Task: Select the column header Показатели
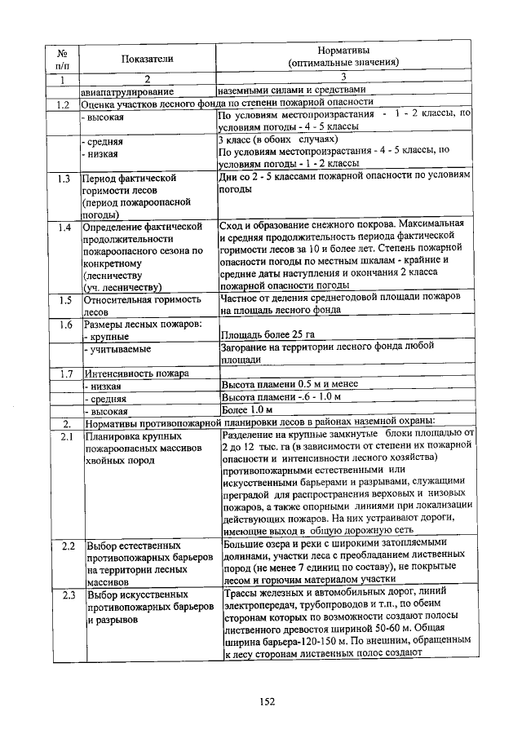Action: point(148,59)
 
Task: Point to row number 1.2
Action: point(62,104)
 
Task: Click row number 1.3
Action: point(62,177)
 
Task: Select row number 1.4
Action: point(62,225)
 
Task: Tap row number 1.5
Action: point(62,299)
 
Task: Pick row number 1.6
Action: point(62,324)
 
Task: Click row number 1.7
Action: point(62,373)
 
